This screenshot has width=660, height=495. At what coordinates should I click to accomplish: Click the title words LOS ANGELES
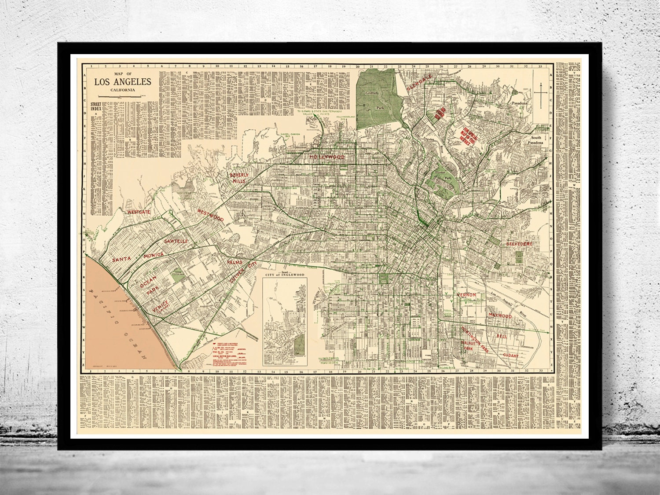tap(121, 82)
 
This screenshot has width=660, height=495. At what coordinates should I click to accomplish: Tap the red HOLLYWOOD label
tap(326, 157)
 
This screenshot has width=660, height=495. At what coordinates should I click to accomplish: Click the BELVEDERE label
tap(519, 243)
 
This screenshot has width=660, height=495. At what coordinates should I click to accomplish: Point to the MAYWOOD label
tap(500, 316)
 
